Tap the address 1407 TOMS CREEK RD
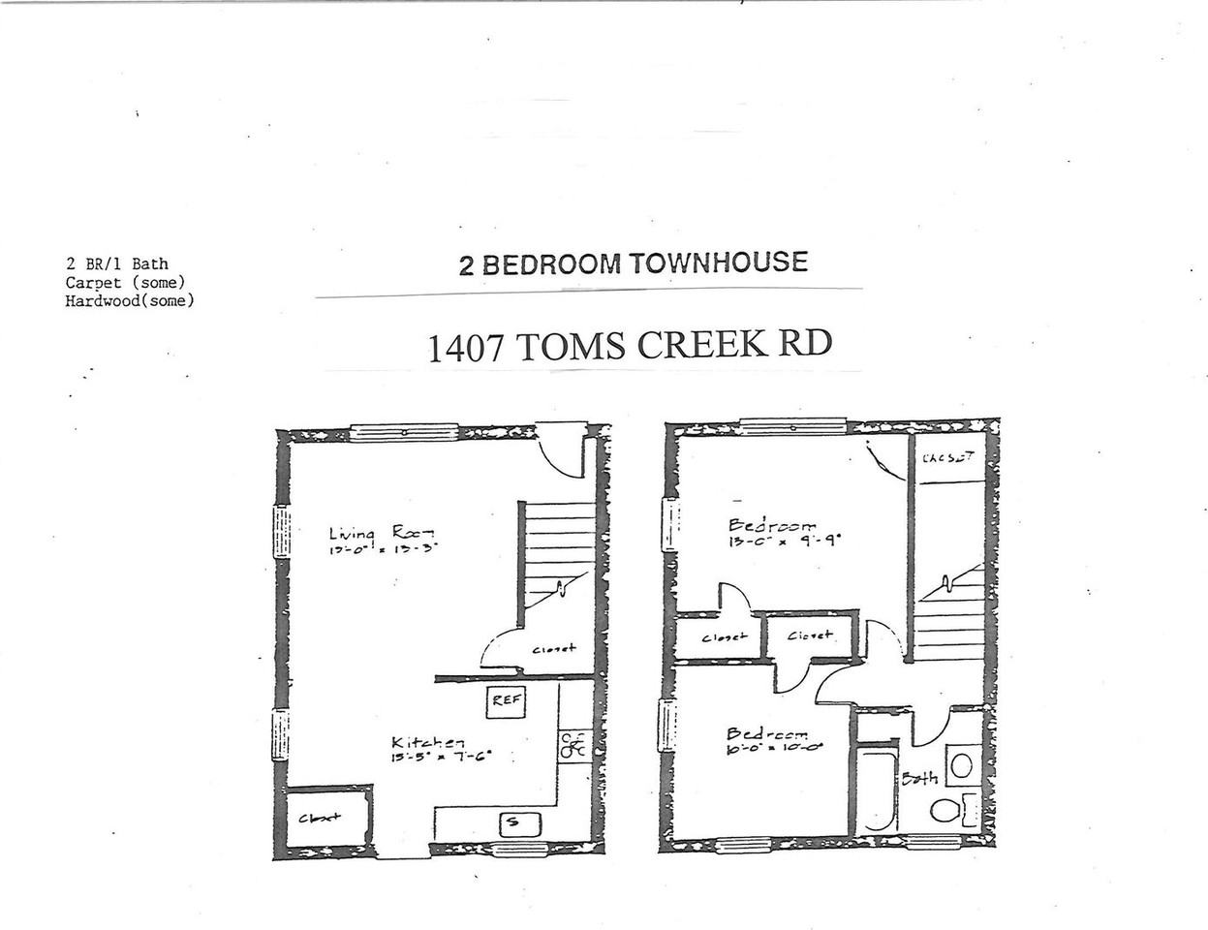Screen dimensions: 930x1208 point(630,346)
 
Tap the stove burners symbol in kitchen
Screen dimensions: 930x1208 point(573,745)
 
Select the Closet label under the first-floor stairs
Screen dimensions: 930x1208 point(553,648)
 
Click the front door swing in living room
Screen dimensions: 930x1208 point(560,451)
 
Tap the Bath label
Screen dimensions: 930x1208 point(919,778)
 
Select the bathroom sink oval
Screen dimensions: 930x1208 point(961,765)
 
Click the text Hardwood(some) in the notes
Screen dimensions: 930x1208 point(130,301)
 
